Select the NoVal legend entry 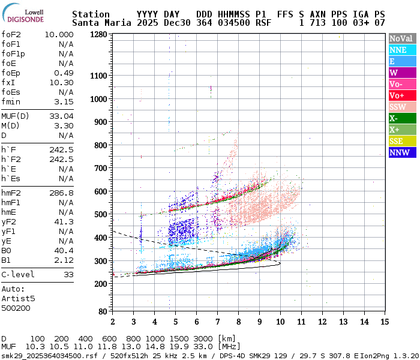401,38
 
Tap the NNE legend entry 401,50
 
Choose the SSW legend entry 401,107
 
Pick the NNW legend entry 401,152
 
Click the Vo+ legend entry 401,95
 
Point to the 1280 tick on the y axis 98,35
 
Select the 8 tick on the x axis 238,322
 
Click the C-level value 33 68,274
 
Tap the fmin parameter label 11,102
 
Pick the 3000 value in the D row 203,339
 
